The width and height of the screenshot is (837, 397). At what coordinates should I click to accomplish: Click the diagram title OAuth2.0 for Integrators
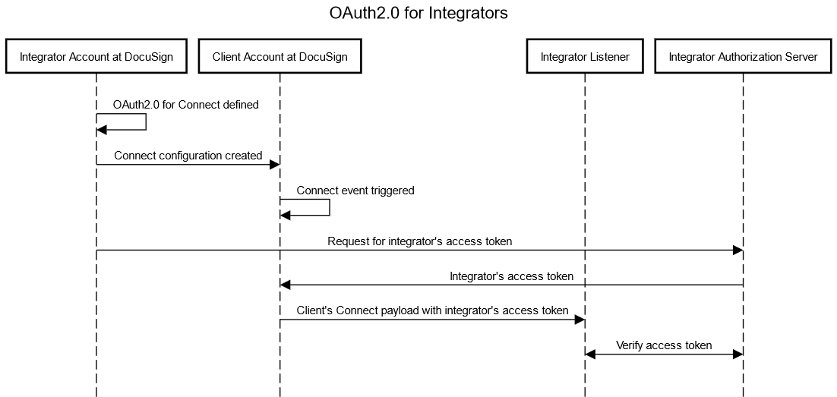(418, 14)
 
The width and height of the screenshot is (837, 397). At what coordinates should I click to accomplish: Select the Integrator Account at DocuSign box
(96, 57)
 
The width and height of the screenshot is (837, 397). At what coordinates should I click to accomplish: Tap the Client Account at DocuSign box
(280, 57)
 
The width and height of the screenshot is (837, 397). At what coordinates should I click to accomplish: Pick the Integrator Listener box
(585, 57)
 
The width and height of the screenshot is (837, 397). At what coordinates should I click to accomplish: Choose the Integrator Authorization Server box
(743, 57)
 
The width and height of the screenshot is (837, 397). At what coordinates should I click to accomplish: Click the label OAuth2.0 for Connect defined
(185, 105)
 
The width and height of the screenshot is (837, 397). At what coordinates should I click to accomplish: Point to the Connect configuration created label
(188, 156)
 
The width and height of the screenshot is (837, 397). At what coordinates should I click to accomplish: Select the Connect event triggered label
(355, 191)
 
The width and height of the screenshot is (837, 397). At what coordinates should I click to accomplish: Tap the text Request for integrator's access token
(419, 242)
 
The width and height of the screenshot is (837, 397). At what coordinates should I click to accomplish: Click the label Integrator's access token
(511, 276)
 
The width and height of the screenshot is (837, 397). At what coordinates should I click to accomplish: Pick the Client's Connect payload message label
(431, 310)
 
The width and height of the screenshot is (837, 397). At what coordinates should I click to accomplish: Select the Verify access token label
(663, 345)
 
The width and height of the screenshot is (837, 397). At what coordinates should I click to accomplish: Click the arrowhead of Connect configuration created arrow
(274, 164)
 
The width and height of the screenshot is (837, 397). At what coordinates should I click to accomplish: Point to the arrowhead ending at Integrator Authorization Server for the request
(738, 250)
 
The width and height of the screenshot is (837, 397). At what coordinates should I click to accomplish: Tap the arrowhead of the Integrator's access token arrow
(286, 285)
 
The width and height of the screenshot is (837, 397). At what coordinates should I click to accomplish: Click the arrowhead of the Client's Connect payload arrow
(580, 320)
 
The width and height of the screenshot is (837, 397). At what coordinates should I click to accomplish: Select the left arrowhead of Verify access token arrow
(591, 354)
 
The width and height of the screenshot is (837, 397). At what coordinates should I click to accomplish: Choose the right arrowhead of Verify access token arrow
(738, 354)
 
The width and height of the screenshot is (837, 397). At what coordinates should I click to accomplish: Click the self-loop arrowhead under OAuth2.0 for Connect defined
(103, 131)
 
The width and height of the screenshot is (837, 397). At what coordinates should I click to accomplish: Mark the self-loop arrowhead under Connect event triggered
(286, 216)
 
